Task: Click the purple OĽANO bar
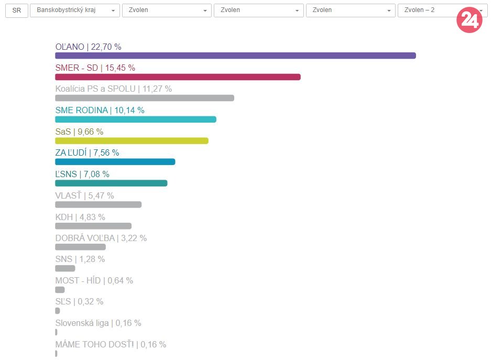[235, 56]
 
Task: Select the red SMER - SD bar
[178, 77]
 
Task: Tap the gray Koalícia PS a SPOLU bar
[145, 98]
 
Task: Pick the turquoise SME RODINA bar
[136, 119]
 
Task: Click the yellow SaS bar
[132, 140]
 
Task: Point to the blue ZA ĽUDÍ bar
[115, 161]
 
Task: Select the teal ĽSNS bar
[111, 183]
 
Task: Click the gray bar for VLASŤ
[99, 204]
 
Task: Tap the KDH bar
[93, 226]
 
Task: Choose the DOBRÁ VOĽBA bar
[80, 247]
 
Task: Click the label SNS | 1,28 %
[80, 259]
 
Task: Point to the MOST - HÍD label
[94, 280]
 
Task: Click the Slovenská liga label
[98, 323]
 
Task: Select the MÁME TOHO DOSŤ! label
[111, 344]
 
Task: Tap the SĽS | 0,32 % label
[79, 301]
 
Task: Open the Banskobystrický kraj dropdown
[75, 10]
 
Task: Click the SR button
[17, 10]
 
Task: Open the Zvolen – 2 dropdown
[427, 10]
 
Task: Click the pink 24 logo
[469, 20]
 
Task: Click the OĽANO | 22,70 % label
[88, 47]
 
